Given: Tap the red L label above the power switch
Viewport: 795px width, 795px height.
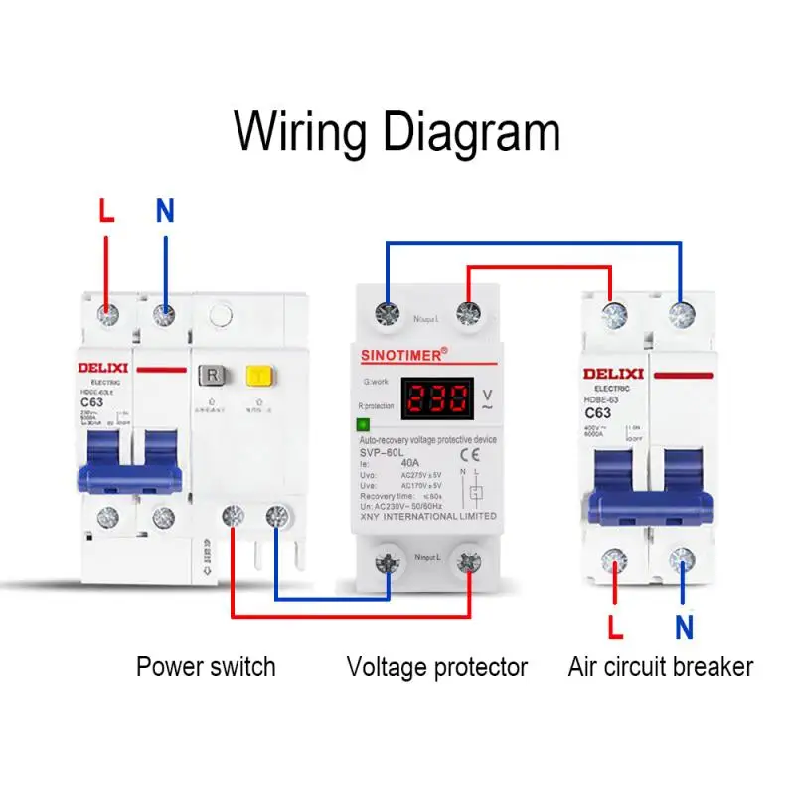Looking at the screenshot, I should point(107,211).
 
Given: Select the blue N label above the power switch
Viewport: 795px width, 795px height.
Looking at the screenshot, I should point(165,211).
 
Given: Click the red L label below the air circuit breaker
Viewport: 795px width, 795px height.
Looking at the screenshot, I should point(616,627).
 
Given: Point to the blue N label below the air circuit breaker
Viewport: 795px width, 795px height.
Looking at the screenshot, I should point(684,627).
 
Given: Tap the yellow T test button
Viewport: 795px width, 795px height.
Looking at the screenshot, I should point(259,376).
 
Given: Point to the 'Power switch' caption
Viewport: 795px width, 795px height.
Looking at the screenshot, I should point(206,666).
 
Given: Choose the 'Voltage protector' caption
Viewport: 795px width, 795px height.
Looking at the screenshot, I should point(437,666).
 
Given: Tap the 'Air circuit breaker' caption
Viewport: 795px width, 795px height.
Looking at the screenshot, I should point(661,666).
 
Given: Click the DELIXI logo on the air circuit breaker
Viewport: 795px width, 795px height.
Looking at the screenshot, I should point(613,374).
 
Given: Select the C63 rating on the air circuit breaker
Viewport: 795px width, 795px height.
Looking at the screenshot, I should point(597,413).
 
